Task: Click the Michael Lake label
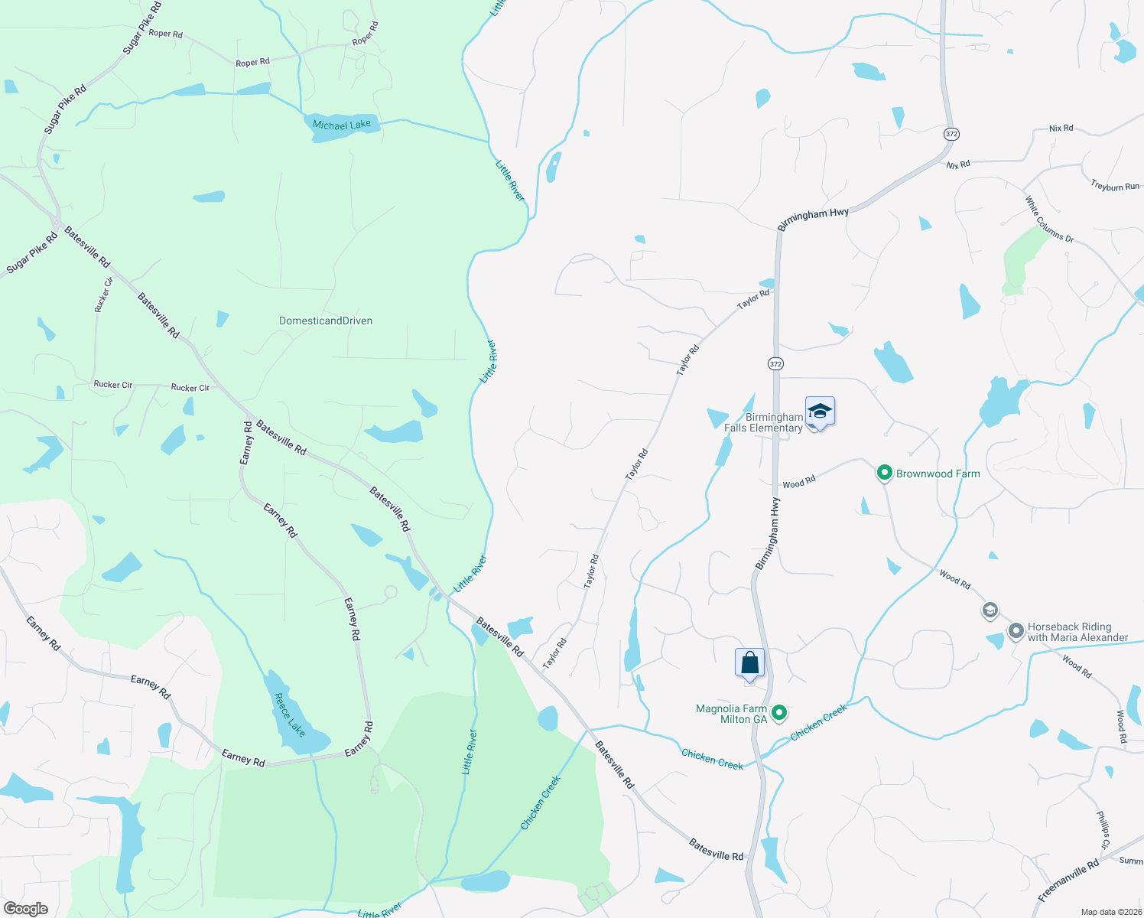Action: (342, 125)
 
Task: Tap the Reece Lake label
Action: (290, 715)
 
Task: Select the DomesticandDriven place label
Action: (326, 321)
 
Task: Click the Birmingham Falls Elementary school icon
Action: (820, 412)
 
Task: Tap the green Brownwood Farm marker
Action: (885, 474)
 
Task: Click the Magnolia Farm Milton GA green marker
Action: (779, 713)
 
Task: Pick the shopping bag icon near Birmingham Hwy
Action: (749, 662)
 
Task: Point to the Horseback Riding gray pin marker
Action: (1016, 631)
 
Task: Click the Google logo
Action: (25, 909)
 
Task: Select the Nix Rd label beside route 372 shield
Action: (957, 164)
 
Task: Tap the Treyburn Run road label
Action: (1115, 186)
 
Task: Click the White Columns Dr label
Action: (1049, 220)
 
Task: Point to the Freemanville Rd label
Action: (1068, 881)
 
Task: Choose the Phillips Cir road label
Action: (1103, 830)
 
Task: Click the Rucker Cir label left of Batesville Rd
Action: (113, 385)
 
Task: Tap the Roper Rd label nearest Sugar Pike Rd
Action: (166, 34)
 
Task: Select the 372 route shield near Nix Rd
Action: (951, 134)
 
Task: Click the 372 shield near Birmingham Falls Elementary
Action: (776, 364)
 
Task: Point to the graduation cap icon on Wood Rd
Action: (990, 610)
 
